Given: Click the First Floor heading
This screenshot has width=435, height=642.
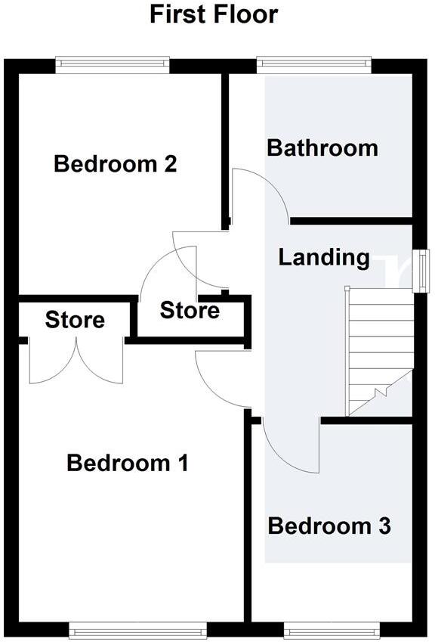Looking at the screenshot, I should point(214,14).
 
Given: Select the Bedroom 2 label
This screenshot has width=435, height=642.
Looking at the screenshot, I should point(116,163).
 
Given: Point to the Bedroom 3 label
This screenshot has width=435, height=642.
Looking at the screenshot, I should point(329,526).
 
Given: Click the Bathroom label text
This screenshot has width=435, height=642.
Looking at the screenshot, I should point(322,147).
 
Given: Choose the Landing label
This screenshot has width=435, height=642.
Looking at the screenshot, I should point(324,257).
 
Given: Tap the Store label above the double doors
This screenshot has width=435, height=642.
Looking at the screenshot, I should point(75,320).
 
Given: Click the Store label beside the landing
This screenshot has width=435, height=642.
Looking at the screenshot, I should point(190,310).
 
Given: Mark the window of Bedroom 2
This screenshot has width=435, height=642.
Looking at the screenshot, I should point(113,66).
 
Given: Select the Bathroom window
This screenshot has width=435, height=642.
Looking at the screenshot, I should point(313,66).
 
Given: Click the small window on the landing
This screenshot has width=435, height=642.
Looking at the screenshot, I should point(424,270).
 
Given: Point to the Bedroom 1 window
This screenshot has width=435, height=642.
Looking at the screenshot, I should point(137,628).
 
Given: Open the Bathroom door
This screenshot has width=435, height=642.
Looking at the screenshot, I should point(259,193).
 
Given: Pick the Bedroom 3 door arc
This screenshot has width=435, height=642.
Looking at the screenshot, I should point(293,446).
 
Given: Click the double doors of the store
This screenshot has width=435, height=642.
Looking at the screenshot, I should point(76,361).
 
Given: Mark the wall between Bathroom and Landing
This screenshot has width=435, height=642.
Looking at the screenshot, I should point(351,221).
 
